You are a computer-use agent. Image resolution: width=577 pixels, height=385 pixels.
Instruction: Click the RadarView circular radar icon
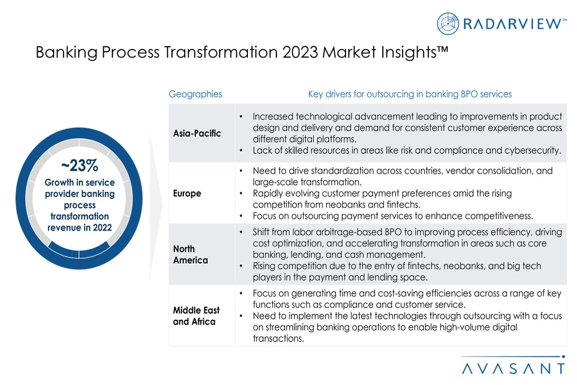point(448,23)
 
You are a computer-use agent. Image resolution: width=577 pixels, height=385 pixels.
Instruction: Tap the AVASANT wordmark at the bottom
point(513,368)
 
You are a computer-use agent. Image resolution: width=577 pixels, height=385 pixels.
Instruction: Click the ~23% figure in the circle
point(80,165)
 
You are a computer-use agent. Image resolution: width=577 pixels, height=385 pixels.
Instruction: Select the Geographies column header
point(195,94)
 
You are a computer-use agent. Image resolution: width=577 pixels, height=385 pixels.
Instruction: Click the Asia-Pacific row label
point(197,133)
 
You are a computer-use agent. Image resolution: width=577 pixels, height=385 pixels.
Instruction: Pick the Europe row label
point(187,193)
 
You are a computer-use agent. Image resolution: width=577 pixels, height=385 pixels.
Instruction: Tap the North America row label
point(191,254)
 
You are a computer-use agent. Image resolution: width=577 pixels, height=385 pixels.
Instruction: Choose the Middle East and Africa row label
point(196,316)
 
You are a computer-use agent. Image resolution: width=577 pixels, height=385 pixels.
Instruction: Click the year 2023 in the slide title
point(300,52)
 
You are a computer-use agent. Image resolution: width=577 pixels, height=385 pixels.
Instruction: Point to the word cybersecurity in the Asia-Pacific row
point(532,150)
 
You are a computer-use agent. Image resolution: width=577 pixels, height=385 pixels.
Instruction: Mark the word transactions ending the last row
point(278,338)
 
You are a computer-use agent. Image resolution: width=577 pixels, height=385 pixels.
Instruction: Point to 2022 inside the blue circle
point(102,228)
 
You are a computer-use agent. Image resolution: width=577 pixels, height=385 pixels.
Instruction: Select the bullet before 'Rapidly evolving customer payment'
point(241,194)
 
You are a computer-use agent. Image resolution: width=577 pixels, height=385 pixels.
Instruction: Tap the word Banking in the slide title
point(67,52)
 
